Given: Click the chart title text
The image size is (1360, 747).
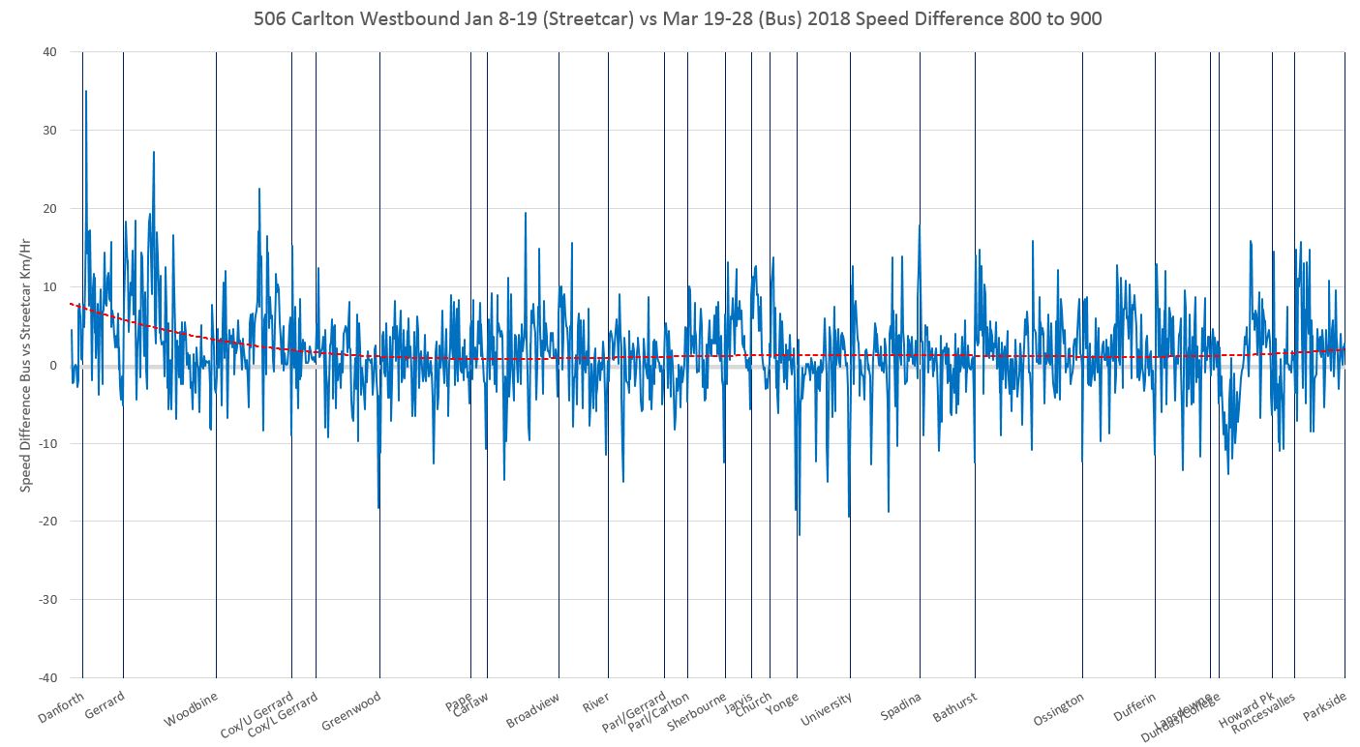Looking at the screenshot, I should pyautogui.click(x=678, y=18).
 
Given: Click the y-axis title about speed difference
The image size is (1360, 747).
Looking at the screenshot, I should pyautogui.click(x=26, y=364).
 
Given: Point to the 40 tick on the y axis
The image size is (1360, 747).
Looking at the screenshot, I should pyautogui.click(x=47, y=52).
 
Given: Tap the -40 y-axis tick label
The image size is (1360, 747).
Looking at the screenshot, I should pyautogui.click(x=45, y=678).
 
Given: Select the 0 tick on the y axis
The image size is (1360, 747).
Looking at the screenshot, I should pyautogui.click(x=50, y=366).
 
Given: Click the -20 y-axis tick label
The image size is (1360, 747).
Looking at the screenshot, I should pyautogui.click(x=45, y=522).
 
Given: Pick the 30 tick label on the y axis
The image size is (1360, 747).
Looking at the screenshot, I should pyautogui.click(x=47, y=131).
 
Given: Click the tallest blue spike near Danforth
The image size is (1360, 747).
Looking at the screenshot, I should pyautogui.click(x=86, y=92).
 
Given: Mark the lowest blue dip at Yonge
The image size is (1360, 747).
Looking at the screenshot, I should pyautogui.click(x=800, y=534).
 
